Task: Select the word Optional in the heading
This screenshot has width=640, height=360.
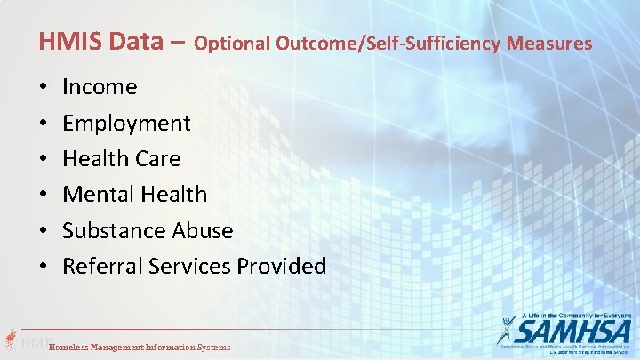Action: point(233,43)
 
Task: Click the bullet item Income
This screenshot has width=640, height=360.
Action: point(100,87)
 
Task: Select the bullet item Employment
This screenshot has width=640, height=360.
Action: point(126,124)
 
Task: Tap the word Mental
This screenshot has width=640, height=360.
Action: point(95,195)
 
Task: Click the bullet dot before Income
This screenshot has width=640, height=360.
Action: point(43,88)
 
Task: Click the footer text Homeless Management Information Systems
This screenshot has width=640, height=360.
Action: point(140,347)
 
